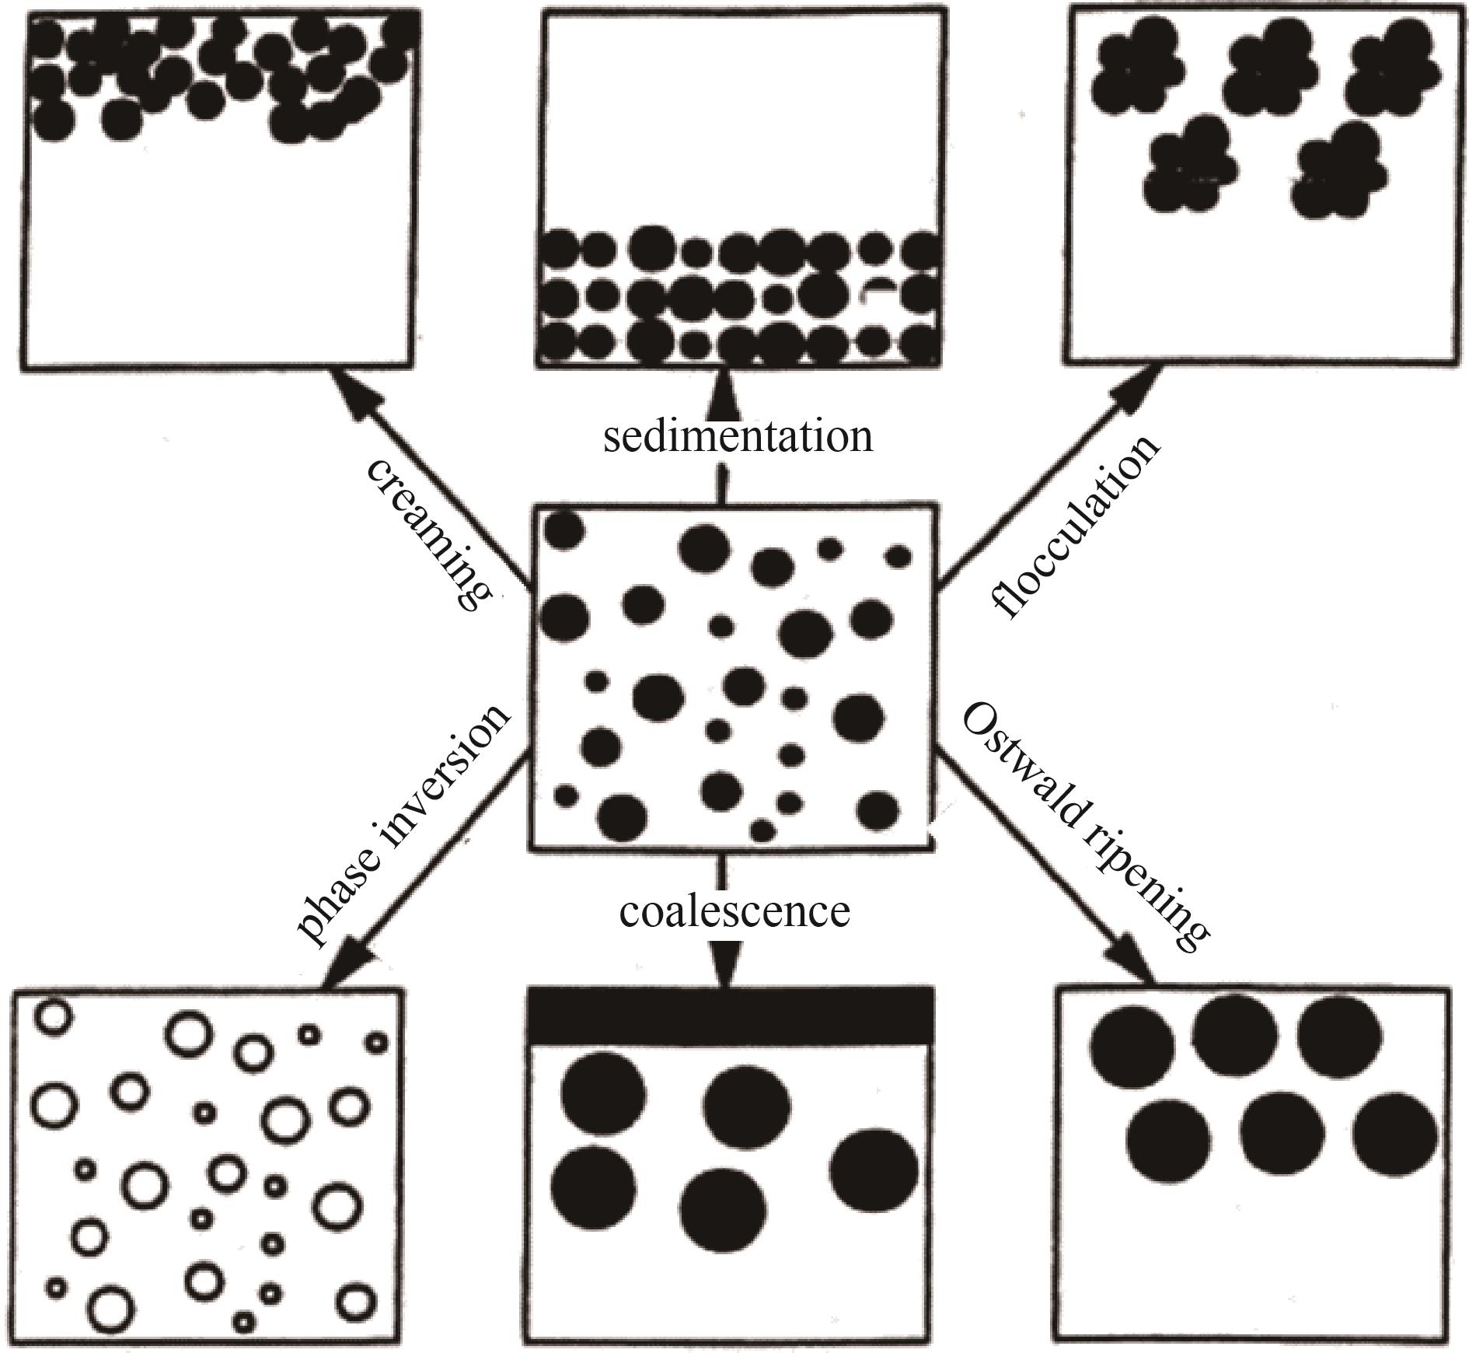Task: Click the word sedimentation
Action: [738, 437]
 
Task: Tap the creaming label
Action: [428, 534]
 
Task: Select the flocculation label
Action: [1076, 526]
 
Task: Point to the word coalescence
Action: [734, 911]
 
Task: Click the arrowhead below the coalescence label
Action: [724, 964]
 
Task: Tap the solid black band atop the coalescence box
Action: [730, 1016]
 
